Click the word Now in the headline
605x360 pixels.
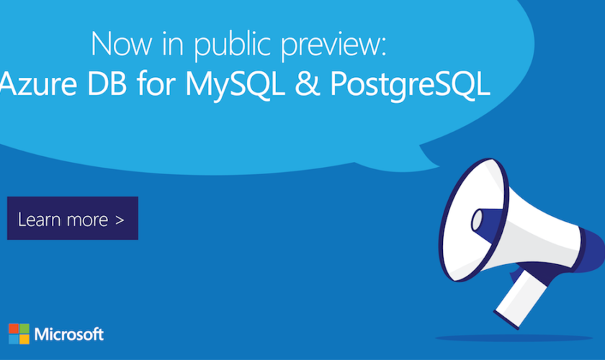[x=122, y=45]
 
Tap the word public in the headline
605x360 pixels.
[x=232, y=46]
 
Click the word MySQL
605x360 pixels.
[x=235, y=86]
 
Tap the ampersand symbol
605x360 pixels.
[x=308, y=84]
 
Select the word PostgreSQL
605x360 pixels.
[x=410, y=86]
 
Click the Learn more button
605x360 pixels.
[x=73, y=218]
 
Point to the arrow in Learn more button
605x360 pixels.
[x=120, y=220]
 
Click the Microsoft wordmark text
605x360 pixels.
[x=69, y=334]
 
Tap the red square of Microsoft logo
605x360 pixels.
[x=14, y=328]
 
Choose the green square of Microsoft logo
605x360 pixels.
[x=24, y=328]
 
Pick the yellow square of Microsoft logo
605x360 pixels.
[x=24, y=339]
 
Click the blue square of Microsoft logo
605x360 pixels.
[x=14, y=339]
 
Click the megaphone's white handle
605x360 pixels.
[x=521, y=298]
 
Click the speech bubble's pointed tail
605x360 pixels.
[x=429, y=156]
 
